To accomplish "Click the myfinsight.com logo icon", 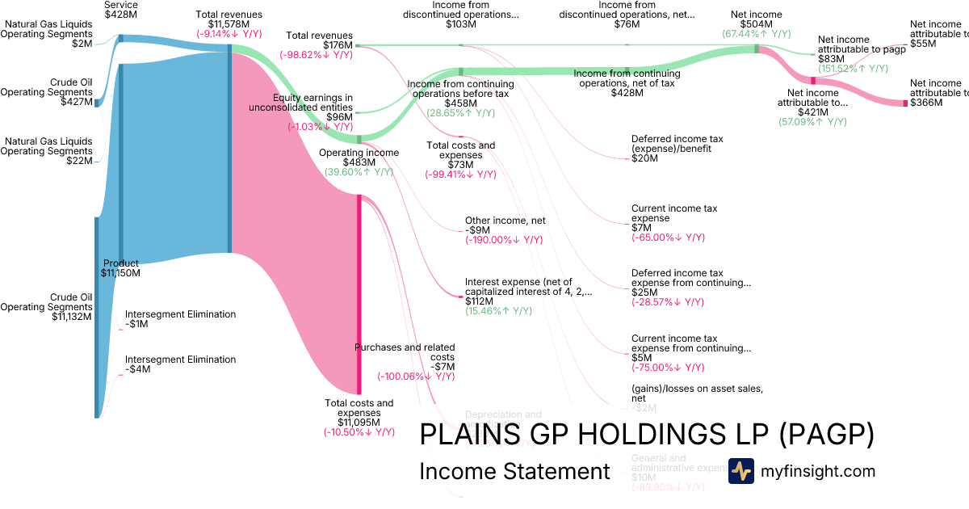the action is click(x=741, y=471).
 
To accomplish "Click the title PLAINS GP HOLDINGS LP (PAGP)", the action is click(x=647, y=435).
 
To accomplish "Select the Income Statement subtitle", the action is click(x=514, y=472).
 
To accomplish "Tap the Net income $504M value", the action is click(x=757, y=24).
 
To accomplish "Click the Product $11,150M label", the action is click(x=120, y=268).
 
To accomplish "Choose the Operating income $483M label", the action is click(x=359, y=158).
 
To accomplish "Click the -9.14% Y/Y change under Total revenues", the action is click(x=229, y=34).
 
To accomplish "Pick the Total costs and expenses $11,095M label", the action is click(x=359, y=412).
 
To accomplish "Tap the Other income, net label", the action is click(x=505, y=220).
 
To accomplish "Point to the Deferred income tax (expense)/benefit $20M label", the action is click(x=677, y=148).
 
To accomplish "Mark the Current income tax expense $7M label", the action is click(x=673, y=218).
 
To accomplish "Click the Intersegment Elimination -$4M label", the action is click(x=180, y=364).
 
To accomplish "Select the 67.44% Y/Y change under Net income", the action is click(x=757, y=34).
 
